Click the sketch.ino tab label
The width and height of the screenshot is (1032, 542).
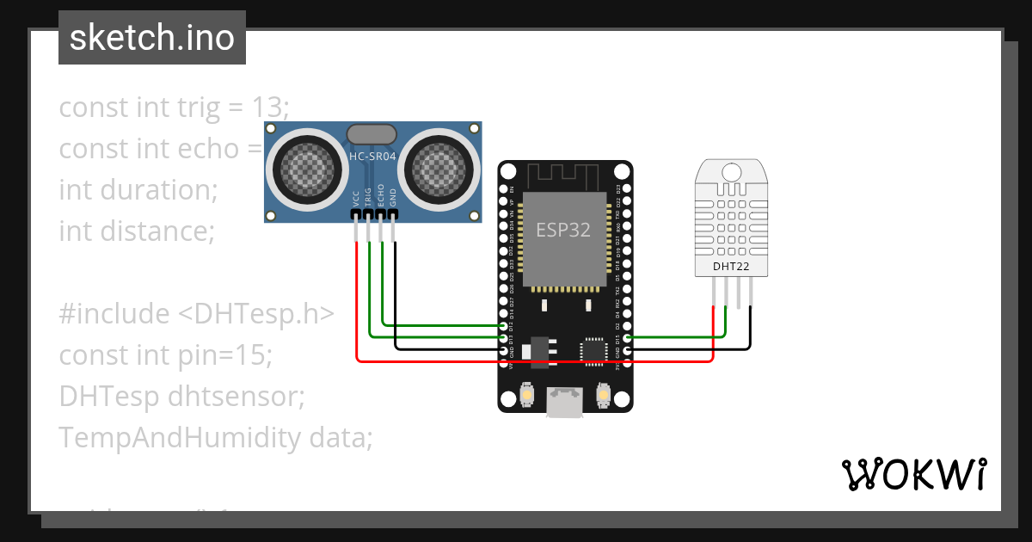click(152, 38)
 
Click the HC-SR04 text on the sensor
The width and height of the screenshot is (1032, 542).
click(372, 157)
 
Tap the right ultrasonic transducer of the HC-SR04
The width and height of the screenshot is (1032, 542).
click(439, 163)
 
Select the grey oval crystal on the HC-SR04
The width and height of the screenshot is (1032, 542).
click(372, 133)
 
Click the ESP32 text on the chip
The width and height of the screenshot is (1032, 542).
click(564, 230)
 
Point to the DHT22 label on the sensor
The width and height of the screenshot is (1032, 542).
click(731, 266)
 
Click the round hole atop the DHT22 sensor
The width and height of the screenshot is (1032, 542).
click(731, 172)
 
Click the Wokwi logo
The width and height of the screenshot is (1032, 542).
click(913, 474)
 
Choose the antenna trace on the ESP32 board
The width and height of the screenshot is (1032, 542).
click(564, 177)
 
